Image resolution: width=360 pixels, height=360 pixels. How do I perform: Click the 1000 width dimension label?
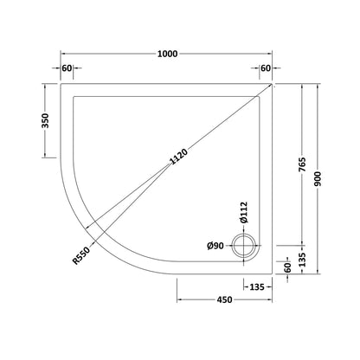[167, 54]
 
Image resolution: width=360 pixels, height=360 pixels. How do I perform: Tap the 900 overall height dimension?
[318, 179]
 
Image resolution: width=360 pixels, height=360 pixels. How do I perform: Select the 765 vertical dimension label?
[302, 164]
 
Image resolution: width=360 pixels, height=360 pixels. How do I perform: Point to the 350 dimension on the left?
[46, 120]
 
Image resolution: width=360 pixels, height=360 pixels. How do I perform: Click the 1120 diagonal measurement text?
[178, 156]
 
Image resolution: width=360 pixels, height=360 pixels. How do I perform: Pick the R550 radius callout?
[81, 255]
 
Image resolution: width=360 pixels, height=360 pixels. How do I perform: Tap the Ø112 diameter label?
[243, 212]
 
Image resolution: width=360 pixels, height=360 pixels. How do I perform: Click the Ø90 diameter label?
[215, 246]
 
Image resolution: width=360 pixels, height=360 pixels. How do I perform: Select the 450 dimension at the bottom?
[224, 300]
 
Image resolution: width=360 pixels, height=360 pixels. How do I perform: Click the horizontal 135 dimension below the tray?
[257, 287]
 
